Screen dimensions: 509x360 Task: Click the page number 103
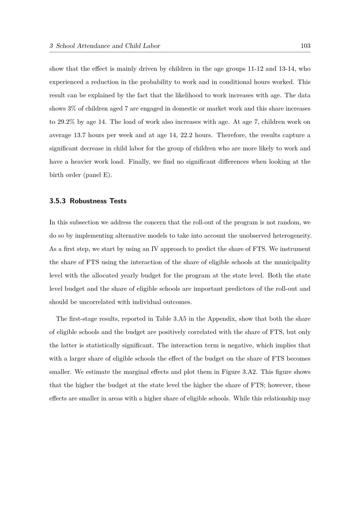(305, 46)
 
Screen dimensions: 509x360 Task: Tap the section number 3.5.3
(57, 201)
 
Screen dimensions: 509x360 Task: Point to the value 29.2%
(66, 122)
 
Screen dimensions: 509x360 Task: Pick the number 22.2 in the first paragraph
(187, 135)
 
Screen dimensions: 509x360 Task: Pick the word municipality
(292, 262)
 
